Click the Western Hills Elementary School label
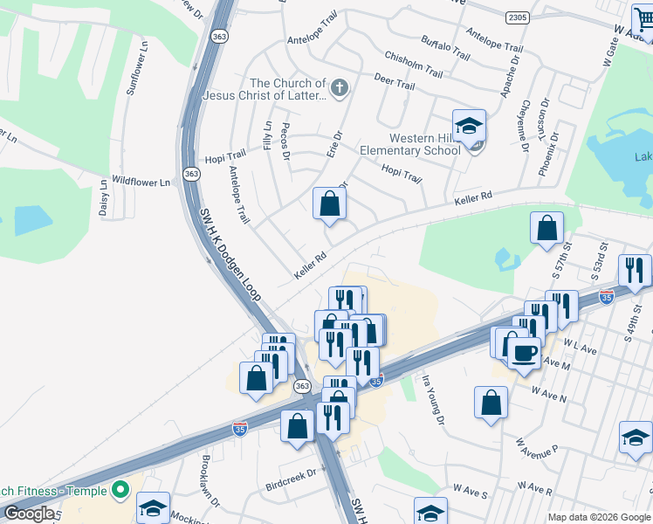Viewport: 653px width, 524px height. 424,144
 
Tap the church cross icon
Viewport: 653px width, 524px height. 340,87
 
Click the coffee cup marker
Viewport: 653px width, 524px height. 524,354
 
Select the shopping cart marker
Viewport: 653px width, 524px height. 643,17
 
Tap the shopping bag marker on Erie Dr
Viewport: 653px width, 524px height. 330,204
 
